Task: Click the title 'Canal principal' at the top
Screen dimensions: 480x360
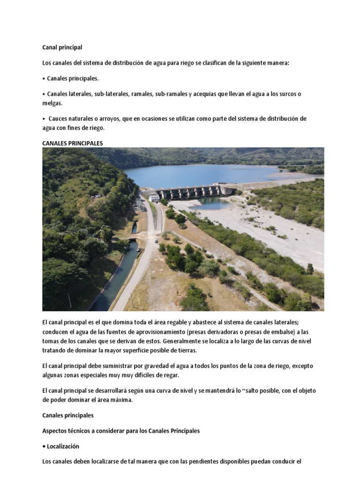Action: click(62, 47)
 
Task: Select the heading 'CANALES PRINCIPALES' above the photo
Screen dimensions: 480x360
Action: click(72, 143)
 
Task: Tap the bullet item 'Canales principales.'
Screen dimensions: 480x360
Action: click(73, 78)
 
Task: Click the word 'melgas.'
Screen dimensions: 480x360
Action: click(52, 103)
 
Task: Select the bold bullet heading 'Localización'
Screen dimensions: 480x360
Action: click(63, 446)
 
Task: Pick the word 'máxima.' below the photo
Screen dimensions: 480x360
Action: click(121, 400)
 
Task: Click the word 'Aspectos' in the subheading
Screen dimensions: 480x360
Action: click(54, 431)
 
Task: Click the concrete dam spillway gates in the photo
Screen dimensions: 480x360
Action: click(190, 192)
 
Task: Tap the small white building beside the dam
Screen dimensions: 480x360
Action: click(154, 198)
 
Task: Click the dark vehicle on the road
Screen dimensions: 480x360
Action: click(156, 241)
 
